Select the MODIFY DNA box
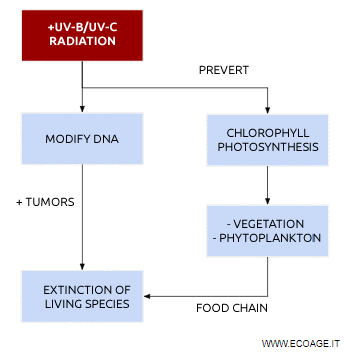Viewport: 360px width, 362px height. click(81, 139)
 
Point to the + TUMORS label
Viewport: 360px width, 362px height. click(45, 202)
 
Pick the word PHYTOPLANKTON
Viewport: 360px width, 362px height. click(271, 241)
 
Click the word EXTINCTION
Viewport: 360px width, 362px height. click(81, 288)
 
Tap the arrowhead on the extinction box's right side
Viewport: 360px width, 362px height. click(148, 296)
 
